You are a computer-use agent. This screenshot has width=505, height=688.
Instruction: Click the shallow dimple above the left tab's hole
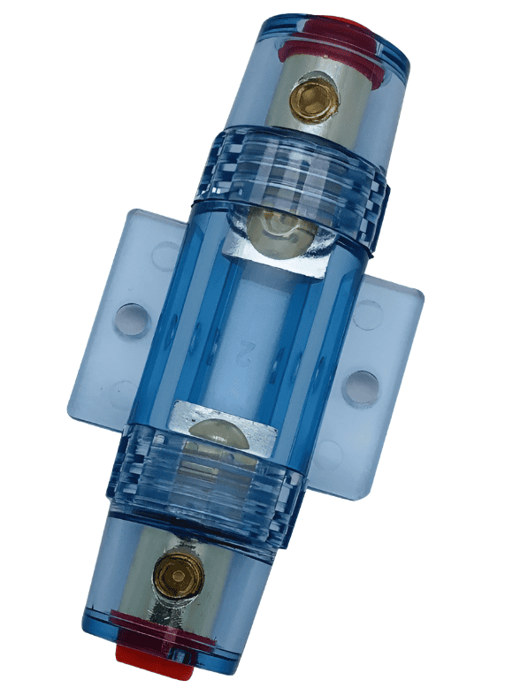pyautogui.click(x=165, y=256)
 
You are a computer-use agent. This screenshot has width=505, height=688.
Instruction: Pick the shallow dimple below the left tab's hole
pyautogui.click(x=123, y=391)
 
